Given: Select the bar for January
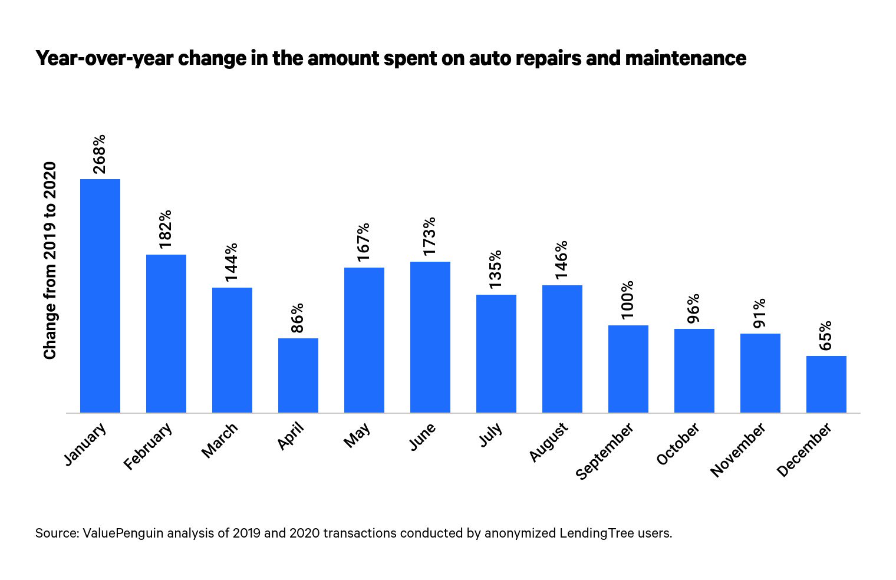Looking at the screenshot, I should [x=100, y=295].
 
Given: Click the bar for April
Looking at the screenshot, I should [x=298, y=375].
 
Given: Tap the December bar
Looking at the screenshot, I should [x=826, y=384].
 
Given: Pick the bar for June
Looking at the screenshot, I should [x=430, y=337].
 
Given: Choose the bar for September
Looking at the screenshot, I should [x=628, y=368].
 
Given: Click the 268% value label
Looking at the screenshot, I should [x=100, y=154].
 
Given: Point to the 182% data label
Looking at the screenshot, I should [x=166, y=229].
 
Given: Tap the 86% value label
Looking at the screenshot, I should [x=298, y=318].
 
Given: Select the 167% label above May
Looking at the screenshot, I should [x=364, y=242].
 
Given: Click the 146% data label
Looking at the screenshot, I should [x=562, y=259].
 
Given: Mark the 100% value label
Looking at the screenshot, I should [x=628, y=299].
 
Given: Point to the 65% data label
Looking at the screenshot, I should [x=826, y=335].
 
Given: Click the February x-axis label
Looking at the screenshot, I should [x=148, y=446].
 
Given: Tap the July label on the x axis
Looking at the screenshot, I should [x=490, y=435].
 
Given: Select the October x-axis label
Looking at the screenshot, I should [x=678, y=444].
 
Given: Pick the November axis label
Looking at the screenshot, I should [x=738, y=449].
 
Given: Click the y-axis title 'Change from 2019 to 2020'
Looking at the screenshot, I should [x=50, y=260].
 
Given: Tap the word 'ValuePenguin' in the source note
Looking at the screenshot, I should [x=123, y=533].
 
